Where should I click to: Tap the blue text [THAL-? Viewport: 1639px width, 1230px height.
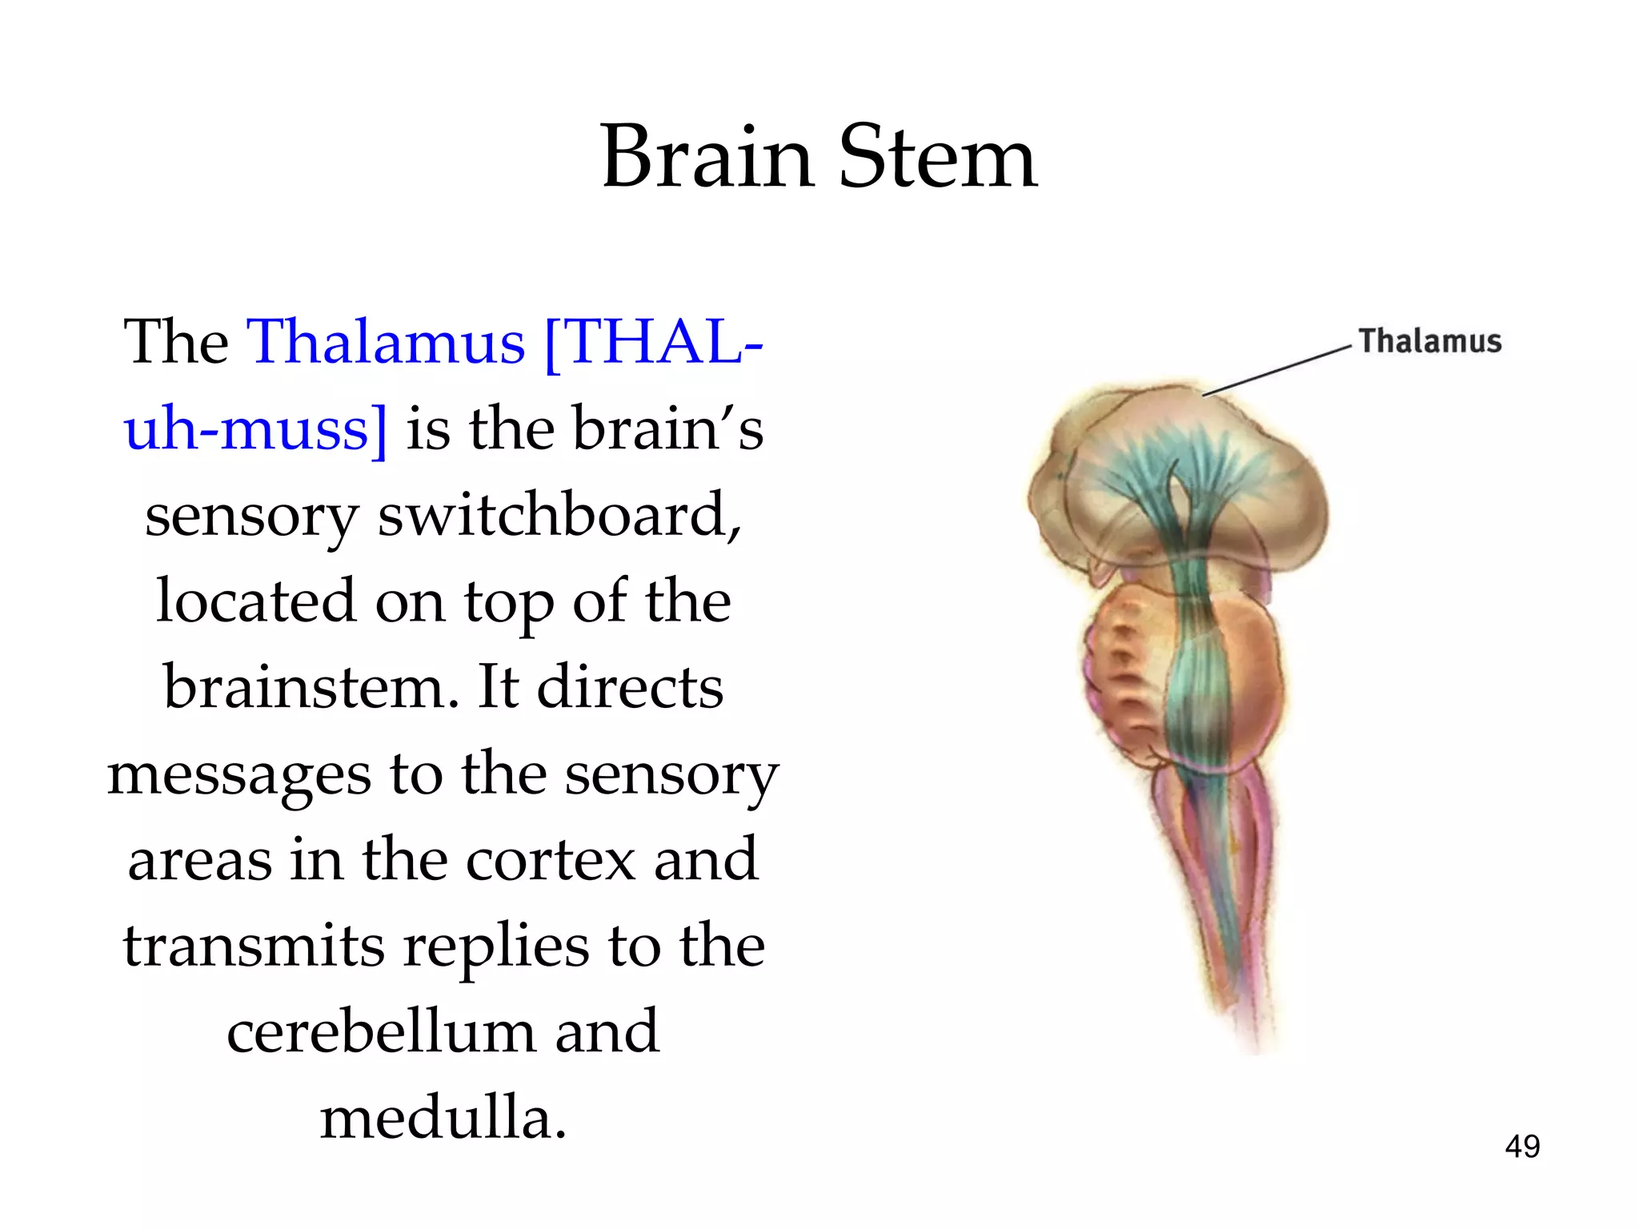[653, 342]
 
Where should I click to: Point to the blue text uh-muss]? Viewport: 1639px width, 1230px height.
[255, 428]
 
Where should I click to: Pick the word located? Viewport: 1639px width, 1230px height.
[255, 601]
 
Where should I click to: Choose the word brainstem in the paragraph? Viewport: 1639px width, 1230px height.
[311, 688]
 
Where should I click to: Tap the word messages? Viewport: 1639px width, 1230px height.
[239, 774]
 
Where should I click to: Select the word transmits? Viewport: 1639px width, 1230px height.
[254, 947]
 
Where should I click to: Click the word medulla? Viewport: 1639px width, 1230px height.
[443, 1119]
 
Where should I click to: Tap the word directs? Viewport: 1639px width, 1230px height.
[630, 688]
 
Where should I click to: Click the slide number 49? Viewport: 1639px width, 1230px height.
[1521, 1147]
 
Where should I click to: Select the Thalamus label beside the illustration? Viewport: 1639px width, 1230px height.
[1429, 341]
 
